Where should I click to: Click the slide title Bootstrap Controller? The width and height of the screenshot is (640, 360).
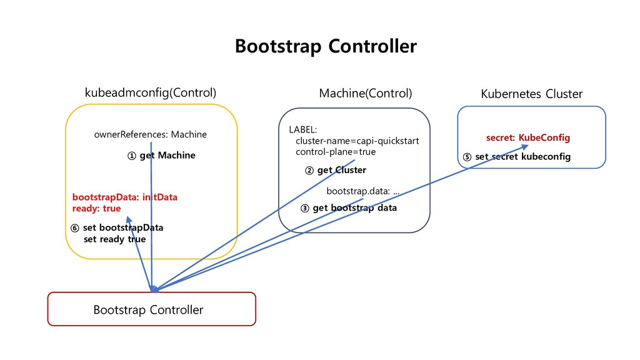coord(326,46)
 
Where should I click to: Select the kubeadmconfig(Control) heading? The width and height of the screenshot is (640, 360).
coord(150,93)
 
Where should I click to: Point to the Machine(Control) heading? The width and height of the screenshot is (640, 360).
coord(365,94)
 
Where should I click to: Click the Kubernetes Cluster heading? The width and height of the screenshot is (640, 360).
coord(531,94)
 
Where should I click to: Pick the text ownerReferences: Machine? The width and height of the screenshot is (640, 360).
coord(150,134)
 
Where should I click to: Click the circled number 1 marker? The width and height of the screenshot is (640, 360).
coord(131,156)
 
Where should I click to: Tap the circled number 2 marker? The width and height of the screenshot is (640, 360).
coord(309,171)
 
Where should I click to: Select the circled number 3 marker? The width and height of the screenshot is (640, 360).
coord(304,208)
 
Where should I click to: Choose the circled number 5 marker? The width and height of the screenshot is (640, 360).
coord(467,157)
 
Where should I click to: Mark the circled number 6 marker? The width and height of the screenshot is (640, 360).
coord(75,228)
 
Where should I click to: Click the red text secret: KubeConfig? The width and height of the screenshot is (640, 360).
coord(527,137)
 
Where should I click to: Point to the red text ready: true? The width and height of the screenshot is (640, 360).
coord(96,209)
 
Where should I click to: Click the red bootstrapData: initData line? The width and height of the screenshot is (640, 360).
coord(124,197)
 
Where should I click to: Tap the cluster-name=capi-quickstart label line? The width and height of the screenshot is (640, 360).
coord(357,141)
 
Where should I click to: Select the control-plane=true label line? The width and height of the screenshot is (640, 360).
coord(336,152)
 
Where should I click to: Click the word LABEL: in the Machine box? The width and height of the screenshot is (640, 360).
coord(303,130)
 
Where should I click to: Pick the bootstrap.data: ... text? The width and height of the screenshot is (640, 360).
coord(363,191)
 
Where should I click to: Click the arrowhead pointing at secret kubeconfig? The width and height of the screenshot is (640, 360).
coord(525,147)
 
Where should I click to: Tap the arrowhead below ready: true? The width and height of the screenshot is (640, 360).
coord(129,219)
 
